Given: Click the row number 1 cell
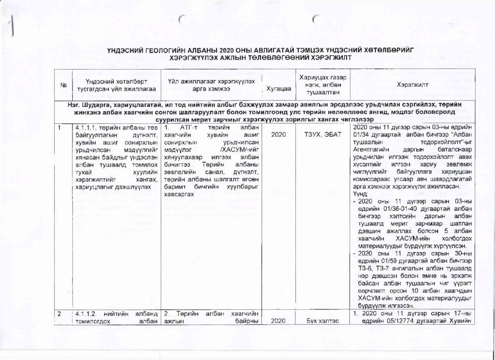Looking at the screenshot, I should [x=59, y=128].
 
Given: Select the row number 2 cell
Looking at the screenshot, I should [x=59, y=315].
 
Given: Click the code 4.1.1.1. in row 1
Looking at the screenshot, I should [x=85, y=128].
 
